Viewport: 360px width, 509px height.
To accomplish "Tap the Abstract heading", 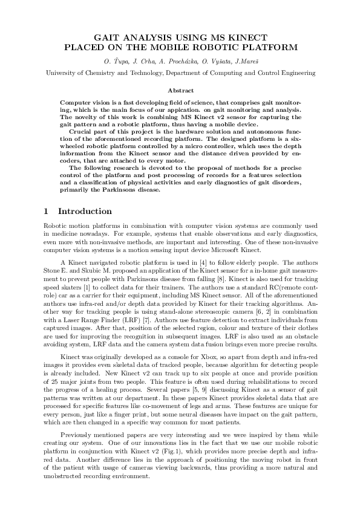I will click(180, 89).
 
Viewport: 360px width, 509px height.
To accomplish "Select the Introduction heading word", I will click(85, 212).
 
